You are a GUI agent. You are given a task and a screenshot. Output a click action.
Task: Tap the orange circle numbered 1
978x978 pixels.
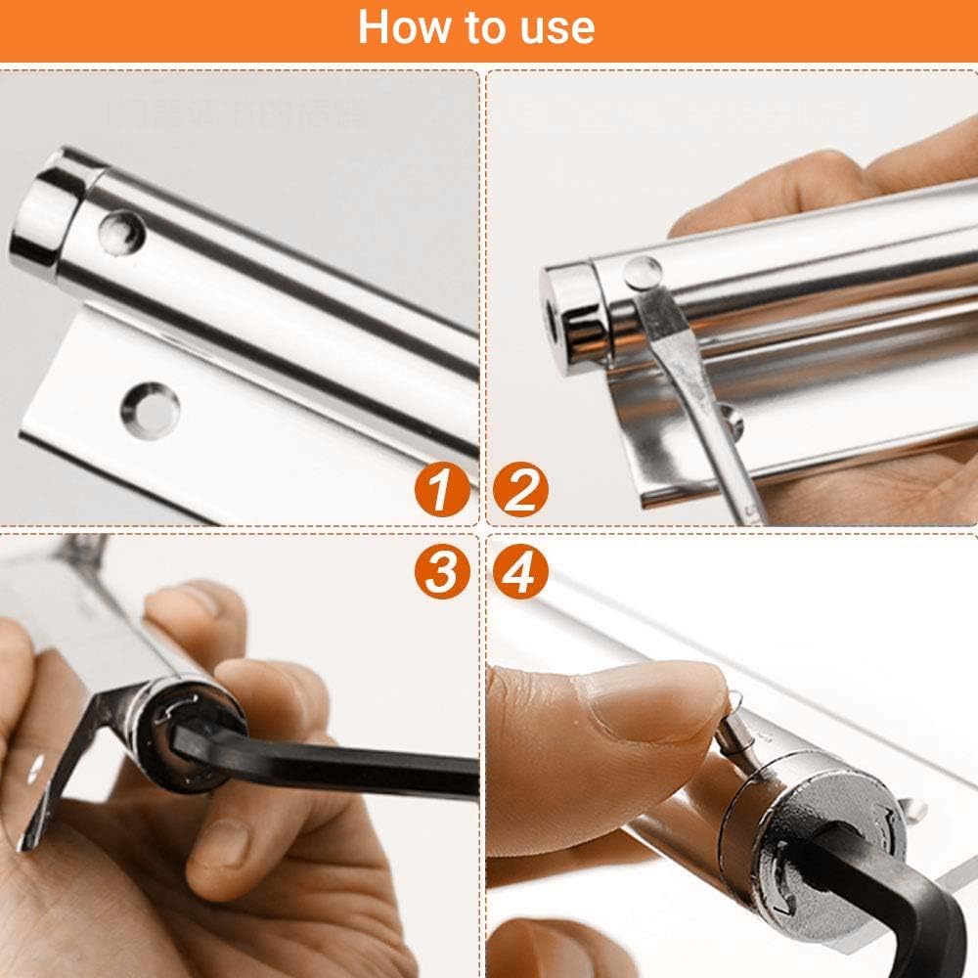[x=441, y=489]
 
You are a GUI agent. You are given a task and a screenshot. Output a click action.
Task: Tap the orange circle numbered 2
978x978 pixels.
[x=520, y=489]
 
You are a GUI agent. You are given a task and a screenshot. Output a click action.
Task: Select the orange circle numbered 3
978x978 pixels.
[x=441, y=571]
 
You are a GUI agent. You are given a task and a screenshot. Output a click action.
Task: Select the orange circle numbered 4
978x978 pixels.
[x=520, y=571]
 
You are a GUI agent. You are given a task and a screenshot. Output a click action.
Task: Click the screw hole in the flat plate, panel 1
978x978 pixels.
[x=150, y=408]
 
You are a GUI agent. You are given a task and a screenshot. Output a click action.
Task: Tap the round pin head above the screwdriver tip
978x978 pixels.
[x=641, y=272]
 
